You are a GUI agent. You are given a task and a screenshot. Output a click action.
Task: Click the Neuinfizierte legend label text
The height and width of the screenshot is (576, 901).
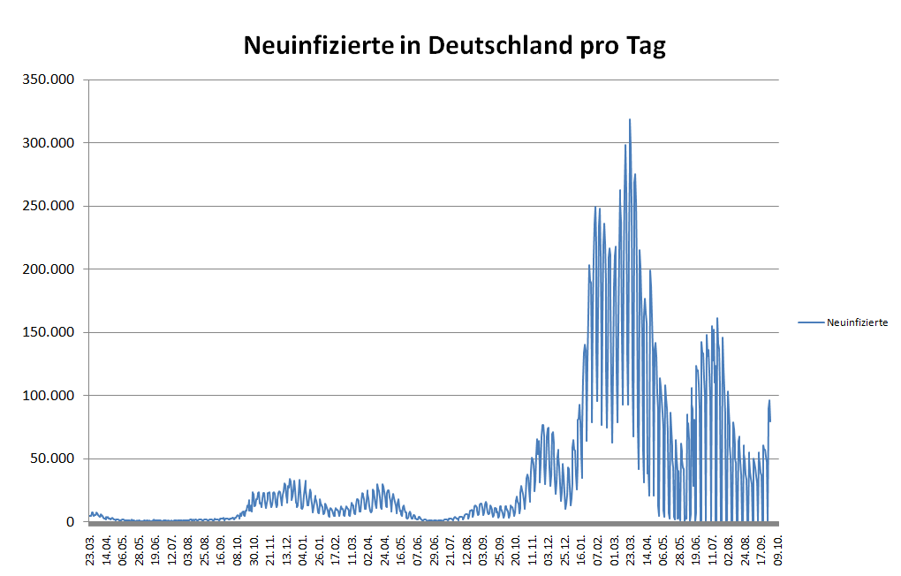click(857, 322)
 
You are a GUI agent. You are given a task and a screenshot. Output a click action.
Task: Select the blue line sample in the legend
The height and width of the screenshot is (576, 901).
click(810, 322)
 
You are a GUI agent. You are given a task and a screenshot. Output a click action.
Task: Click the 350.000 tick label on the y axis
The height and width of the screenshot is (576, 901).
click(50, 80)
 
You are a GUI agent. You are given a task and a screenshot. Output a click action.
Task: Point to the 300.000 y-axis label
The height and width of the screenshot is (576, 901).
click(50, 142)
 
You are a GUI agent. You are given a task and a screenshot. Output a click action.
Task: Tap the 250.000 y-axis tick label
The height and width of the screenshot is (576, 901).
click(50, 206)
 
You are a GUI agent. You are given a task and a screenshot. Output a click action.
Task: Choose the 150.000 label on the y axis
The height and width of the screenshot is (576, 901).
click(50, 332)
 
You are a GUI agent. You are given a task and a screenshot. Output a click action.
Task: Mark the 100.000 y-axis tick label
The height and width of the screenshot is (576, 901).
click(50, 395)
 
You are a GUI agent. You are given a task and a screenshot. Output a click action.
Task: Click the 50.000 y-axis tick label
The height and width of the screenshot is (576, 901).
click(54, 459)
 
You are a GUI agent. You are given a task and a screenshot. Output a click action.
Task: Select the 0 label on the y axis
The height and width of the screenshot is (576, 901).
click(70, 521)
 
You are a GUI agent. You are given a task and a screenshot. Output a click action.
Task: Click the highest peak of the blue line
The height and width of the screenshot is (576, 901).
click(630, 119)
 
